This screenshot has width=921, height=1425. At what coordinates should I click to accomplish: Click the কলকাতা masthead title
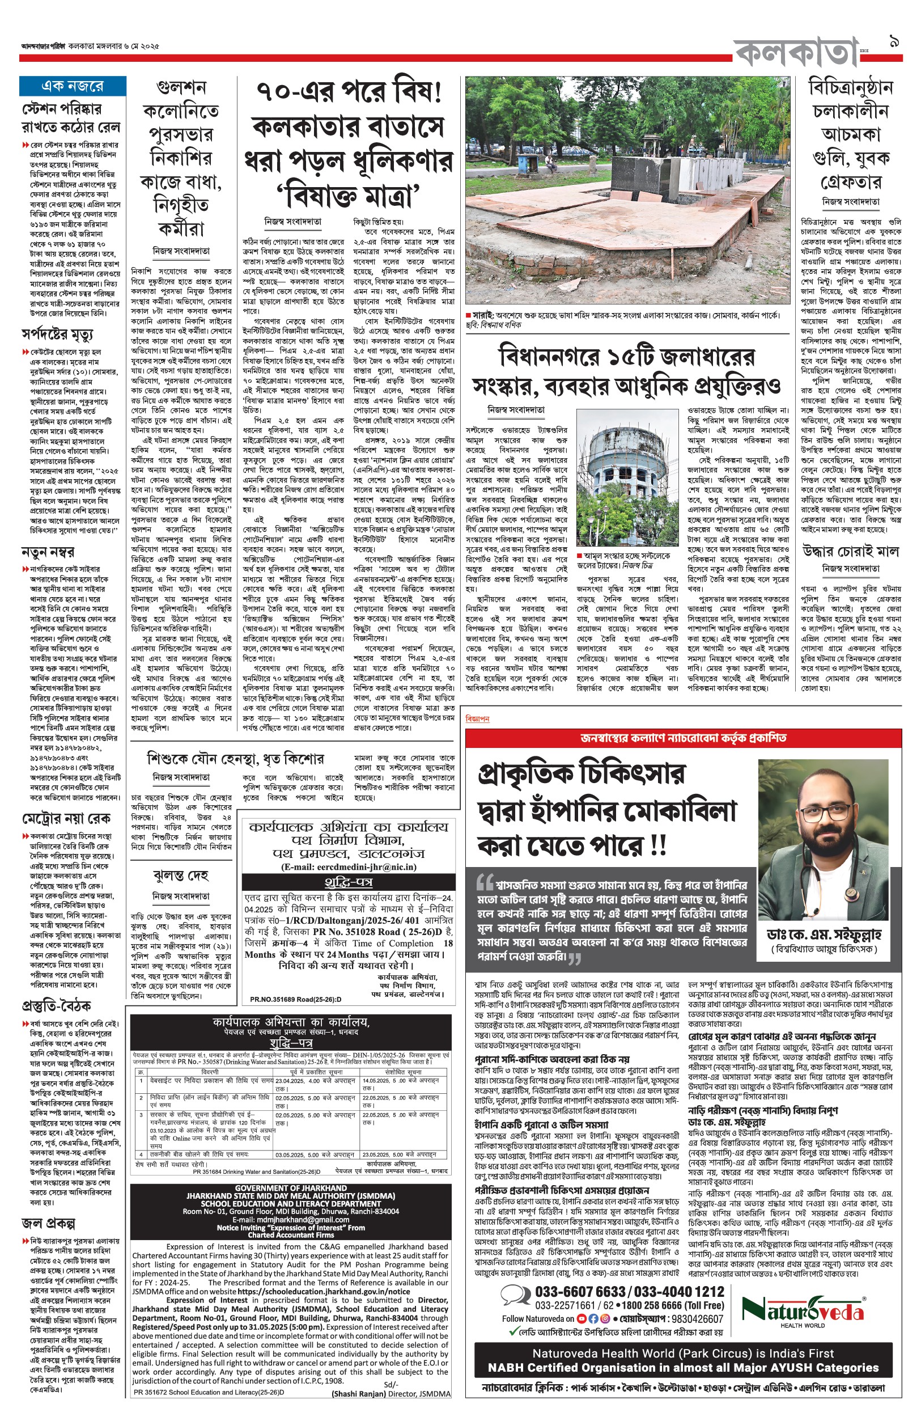(795, 53)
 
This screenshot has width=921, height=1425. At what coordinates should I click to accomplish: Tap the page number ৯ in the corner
(895, 43)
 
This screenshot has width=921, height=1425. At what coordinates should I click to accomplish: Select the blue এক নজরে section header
(73, 86)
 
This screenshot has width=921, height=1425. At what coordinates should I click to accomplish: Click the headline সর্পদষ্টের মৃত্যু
(57, 334)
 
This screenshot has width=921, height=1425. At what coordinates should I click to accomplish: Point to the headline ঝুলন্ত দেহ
(181, 876)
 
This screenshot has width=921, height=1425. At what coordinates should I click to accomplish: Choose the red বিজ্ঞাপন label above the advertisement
(477, 718)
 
